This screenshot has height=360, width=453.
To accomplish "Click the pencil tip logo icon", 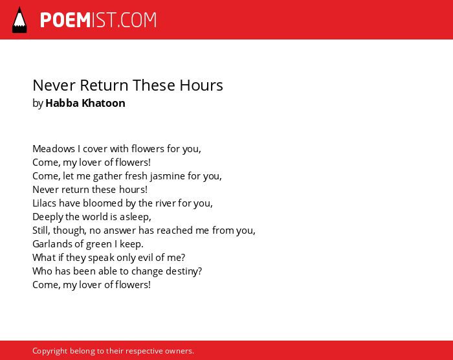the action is coord(19,20).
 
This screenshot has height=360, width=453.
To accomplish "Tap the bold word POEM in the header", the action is coord(65,20).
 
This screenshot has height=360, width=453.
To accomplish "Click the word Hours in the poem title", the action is coord(201,85).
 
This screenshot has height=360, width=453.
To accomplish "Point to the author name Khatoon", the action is coord(104,103).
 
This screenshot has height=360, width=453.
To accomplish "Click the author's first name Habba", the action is coord(62,103).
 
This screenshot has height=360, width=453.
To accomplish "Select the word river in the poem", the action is coord(165,203).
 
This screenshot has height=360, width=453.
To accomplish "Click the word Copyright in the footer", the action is coord(50,351).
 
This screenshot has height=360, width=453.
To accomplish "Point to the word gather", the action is coord(107,176).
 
